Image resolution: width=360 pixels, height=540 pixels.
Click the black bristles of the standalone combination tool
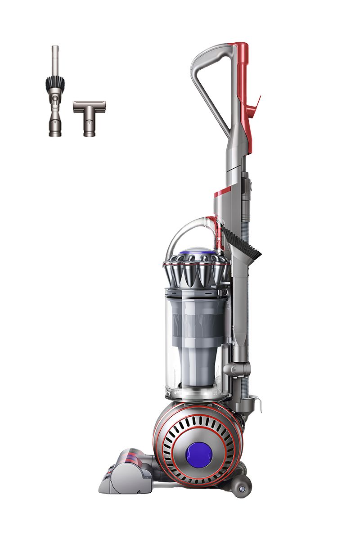(x=55, y=83)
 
